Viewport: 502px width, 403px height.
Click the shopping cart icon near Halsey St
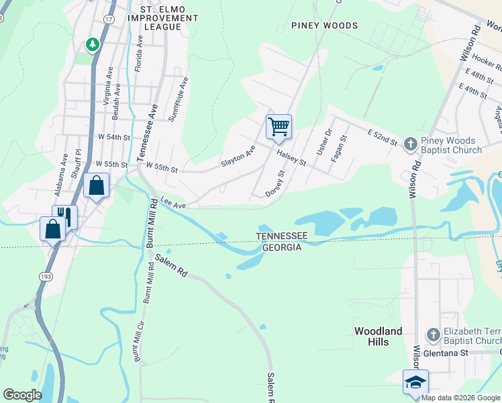(279, 126)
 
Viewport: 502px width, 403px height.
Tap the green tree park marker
(93, 44)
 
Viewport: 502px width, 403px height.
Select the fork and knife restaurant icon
(64, 215)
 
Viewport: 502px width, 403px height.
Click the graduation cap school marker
(415, 382)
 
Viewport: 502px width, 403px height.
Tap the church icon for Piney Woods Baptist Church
(411, 143)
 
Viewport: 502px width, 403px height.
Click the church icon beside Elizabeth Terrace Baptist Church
(434, 334)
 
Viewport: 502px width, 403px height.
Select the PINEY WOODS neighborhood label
(324, 26)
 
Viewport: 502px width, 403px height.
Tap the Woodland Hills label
(379, 337)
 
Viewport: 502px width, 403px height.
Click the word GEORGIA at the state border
(281, 247)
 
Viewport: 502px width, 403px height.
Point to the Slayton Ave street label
(238, 157)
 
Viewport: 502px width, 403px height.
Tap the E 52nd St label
(383, 136)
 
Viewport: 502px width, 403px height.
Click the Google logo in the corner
(22, 394)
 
